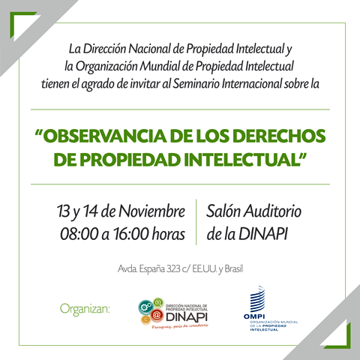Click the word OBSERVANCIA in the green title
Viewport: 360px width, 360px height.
pos(105,136)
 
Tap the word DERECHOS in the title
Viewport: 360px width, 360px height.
pos(279,136)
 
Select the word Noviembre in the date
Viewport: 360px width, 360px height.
pos(151,211)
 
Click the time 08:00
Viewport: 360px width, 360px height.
pos(79,234)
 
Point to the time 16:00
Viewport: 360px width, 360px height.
pos(130,234)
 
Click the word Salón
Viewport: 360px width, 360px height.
pos(223,211)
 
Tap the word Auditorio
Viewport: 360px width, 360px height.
pos(273,211)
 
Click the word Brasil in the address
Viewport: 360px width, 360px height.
pos(233,269)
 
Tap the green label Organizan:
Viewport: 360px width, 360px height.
pos(85,309)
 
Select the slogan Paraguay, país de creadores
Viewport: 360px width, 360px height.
pos(180,326)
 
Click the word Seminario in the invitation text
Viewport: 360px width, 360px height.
pos(196,84)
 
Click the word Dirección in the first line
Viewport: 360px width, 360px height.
pos(104,49)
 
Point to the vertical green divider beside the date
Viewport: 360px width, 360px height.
pos(196,222)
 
